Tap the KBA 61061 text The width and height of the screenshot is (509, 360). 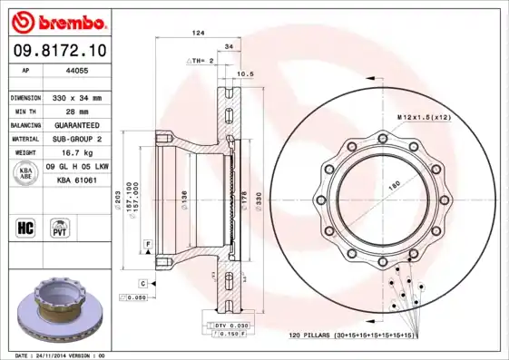pyautogui.click(x=78, y=181)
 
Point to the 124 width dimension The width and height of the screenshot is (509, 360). pyautogui.click(x=197, y=33)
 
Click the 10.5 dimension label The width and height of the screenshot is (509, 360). pyautogui.click(x=244, y=73)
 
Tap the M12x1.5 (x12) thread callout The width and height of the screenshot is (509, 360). pyautogui.click(x=425, y=118)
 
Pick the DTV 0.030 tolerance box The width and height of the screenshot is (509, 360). pyautogui.click(x=231, y=325)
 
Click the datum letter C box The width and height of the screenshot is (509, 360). pyautogui.click(x=143, y=284)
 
